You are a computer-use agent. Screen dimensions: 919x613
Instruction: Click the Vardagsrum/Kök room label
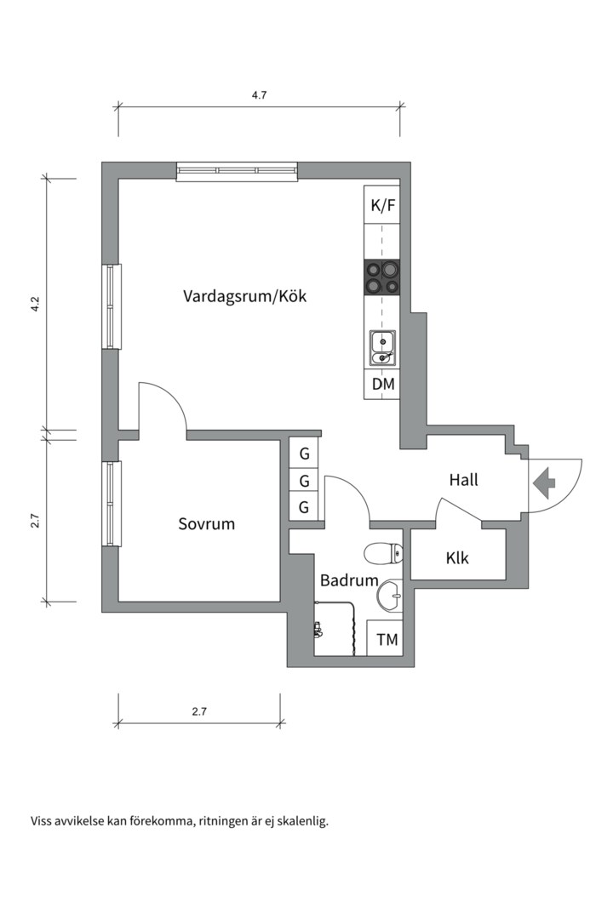(244, 297)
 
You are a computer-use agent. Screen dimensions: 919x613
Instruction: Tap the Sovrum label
(206, 523)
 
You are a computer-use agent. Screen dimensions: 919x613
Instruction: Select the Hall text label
(463, 480)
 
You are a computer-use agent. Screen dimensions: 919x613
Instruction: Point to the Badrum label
(348, 580)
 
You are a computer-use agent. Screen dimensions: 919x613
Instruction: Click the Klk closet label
(457, 559)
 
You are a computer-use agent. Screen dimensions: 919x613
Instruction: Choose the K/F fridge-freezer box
(382, 205)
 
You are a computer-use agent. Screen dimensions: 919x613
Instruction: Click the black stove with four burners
(382, 277)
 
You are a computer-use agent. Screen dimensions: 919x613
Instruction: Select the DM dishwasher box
(382, 385)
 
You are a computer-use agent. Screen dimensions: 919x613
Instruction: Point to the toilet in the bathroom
(382, 554)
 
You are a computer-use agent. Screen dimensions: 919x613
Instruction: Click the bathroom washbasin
(391, 596)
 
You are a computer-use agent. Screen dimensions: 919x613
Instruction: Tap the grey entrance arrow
(542, 483)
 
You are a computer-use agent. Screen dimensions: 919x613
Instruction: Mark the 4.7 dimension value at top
(259, 95)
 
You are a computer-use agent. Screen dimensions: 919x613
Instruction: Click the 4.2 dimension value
(35, 305)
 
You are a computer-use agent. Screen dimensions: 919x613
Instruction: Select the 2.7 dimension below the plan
(198, 712)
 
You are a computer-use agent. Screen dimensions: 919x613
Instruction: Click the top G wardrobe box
(304, 453)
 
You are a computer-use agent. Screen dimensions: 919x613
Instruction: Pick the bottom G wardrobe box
(304, 509)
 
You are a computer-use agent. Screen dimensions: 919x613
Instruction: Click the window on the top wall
(238, 171)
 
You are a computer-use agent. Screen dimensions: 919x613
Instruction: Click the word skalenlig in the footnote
(300, 821)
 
